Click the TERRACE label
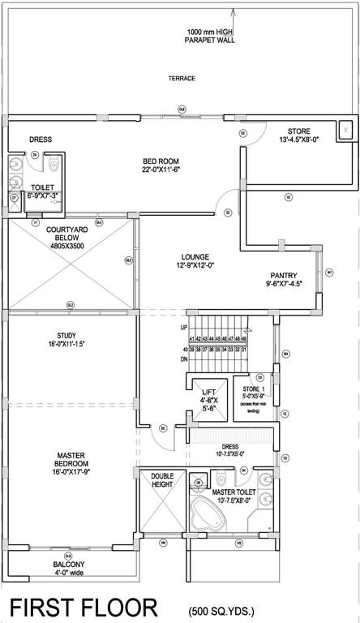(x=182, y=79)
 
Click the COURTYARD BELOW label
(x=68, y=239)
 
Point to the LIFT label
(x=208, y=396)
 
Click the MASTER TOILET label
(x=234, y=492)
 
